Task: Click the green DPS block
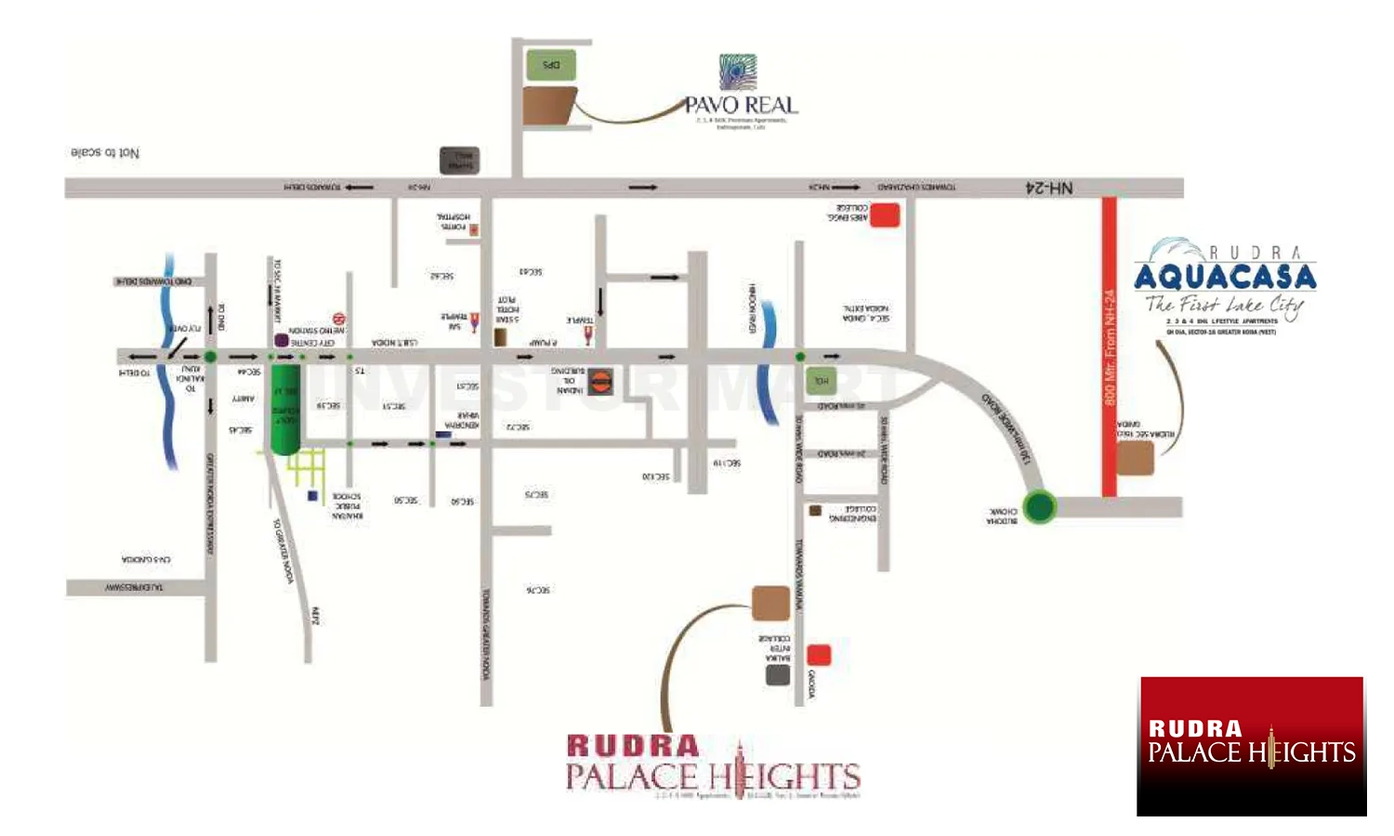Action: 551,65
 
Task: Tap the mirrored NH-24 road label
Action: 1048,189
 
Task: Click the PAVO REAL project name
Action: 741,105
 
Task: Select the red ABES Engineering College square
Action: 884,216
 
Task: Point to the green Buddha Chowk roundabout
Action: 1039,506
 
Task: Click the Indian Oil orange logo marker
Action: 600,379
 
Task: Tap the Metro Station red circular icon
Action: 339,320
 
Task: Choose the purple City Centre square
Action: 282,341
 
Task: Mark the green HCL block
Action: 821,381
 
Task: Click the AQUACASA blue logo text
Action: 1225,277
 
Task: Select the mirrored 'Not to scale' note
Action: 105,152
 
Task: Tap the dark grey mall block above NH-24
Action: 459,160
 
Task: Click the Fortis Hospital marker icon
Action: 474,229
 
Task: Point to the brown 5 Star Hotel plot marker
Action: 500,336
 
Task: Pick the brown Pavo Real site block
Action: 549,107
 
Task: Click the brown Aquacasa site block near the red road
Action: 1135,459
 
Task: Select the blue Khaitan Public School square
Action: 313,496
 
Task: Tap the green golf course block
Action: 284,409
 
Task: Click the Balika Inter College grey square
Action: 778,674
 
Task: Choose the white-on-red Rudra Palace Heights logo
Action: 1251,745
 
